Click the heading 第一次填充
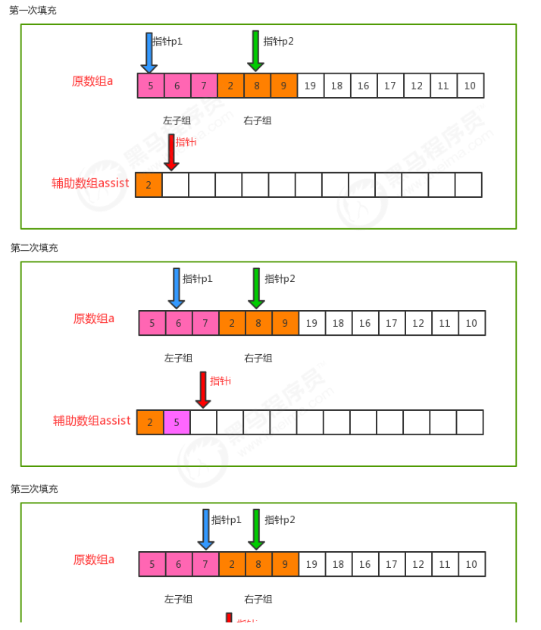click(x=33, y=11)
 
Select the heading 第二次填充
click(x=34, y=248)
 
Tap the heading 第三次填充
click(x=34, y=489)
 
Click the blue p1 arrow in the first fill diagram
click(x=149, y=52)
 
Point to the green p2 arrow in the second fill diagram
click(x=256, y=288)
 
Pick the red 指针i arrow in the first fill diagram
click(x=171, y=152)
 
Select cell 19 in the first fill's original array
click(x=310, y=86)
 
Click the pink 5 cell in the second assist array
click(x=177, y=422)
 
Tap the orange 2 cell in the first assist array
click(x=149, y=185)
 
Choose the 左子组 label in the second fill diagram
click(x=178, y=358)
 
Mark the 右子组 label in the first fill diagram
click(x=257, y=121)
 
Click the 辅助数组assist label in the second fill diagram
click(x=91, y=421)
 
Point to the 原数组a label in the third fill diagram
click(x=93, y=559)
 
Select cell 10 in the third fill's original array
click(x=471, y=564)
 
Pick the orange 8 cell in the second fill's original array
click(x=258, y=323)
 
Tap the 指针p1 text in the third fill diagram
click(x=226, y=520)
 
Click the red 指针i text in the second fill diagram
click(x=220, y=381)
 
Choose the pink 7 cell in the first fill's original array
click(x=204, y=86)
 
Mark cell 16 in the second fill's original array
click(x=364, y=323)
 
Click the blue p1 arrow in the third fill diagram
click(x=205, y=529)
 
